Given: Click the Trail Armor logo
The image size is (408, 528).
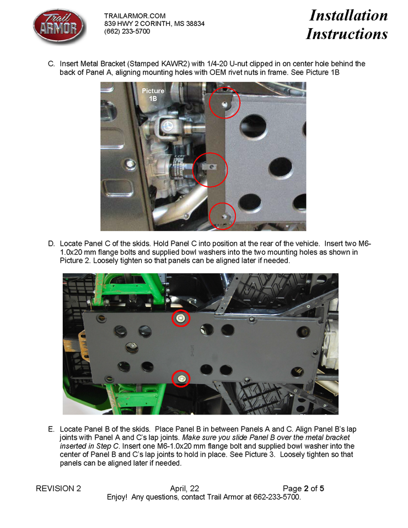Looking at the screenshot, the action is click(x=60, y=26).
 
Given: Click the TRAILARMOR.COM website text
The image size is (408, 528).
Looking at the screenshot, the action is click(x=135, y=16).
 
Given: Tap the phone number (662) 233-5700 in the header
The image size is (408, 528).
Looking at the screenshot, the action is click(x=127, y=31).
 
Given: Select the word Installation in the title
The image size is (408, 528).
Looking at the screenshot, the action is click(x=348, y=15).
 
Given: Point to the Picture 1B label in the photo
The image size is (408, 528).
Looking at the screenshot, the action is click(x=153, y=95).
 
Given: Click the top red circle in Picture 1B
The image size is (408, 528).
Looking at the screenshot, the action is click(x=224, y=103).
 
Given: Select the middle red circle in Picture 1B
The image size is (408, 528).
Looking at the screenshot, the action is click(x=210, y=170).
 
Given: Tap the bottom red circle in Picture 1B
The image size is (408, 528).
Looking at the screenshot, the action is click(x=222, y=216).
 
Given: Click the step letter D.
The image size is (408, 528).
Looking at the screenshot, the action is click(x=51, y=244).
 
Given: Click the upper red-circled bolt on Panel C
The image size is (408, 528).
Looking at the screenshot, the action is click(x=181, y=318).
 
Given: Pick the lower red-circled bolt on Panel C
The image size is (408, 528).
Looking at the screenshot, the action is click(x=181, y=379).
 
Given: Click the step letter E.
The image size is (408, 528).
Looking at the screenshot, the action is click(x=51, y=429).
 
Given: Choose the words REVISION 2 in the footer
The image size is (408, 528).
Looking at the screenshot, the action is click(x=58, y=489).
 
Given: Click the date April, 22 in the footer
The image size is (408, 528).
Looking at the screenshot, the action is click(x=184, y=489).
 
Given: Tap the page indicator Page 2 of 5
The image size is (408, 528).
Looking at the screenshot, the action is click(x=303, y=489).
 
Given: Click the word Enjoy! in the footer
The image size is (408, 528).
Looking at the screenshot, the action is click(x=117, y=497).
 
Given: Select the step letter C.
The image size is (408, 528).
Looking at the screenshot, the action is click(x=51, y=64).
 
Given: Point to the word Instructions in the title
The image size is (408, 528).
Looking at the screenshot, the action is click(x=347, y=34).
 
